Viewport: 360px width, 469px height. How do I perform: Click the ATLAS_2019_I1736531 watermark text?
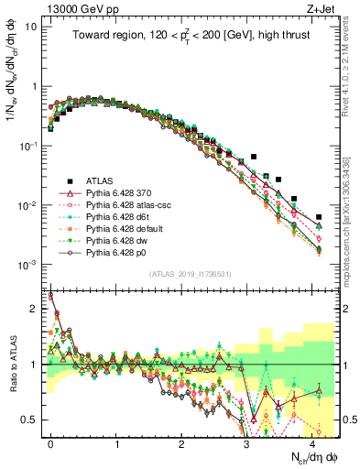(191, 274)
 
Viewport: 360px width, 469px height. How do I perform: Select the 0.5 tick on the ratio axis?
(31, 420)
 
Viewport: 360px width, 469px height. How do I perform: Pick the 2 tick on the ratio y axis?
(35, 309)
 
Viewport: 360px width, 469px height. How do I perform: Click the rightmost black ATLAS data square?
(319, 217)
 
